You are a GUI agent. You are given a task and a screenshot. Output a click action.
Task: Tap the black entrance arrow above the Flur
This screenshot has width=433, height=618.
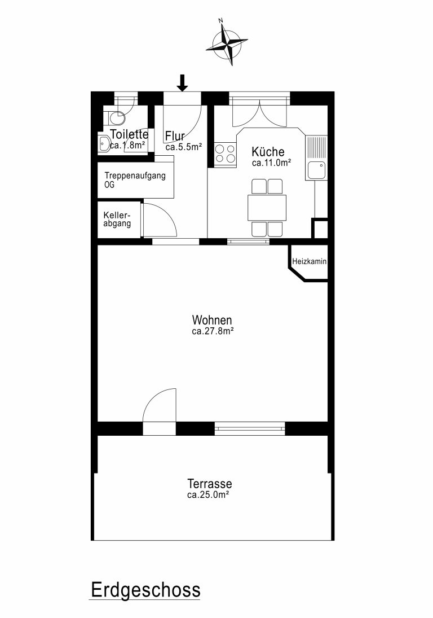182,83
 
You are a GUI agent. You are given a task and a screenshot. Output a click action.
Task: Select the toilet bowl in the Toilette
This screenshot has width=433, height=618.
116,117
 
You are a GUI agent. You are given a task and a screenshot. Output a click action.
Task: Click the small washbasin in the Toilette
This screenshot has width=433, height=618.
104,143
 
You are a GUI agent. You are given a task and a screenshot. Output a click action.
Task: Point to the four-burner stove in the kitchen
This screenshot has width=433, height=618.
226,154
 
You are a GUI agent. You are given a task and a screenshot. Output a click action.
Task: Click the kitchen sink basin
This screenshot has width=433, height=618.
316,170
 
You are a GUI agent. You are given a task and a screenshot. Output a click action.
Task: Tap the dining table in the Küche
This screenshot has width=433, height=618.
267,208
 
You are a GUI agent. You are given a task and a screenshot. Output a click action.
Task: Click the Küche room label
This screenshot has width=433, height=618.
268,152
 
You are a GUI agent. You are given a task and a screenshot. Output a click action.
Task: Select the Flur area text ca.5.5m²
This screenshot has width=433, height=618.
184,147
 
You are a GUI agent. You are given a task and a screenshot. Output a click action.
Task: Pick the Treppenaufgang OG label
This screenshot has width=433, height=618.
135,179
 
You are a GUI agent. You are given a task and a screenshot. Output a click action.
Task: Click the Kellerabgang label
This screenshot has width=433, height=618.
117,220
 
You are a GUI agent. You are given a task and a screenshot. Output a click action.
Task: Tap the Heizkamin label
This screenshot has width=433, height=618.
310,261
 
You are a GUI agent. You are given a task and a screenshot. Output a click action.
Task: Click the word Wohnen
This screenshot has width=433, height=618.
212,319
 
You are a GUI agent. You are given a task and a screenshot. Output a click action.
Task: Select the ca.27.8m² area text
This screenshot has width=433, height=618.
213,331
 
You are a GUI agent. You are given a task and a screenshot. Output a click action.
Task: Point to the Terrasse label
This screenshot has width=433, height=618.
209,484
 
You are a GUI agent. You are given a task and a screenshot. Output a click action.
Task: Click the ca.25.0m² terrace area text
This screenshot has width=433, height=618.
208,495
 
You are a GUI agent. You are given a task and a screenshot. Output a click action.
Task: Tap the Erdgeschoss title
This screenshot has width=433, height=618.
145,590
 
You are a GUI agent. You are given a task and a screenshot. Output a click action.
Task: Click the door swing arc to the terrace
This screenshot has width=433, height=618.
152,398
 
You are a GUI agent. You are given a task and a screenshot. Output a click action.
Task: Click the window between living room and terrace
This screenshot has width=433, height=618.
250,428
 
